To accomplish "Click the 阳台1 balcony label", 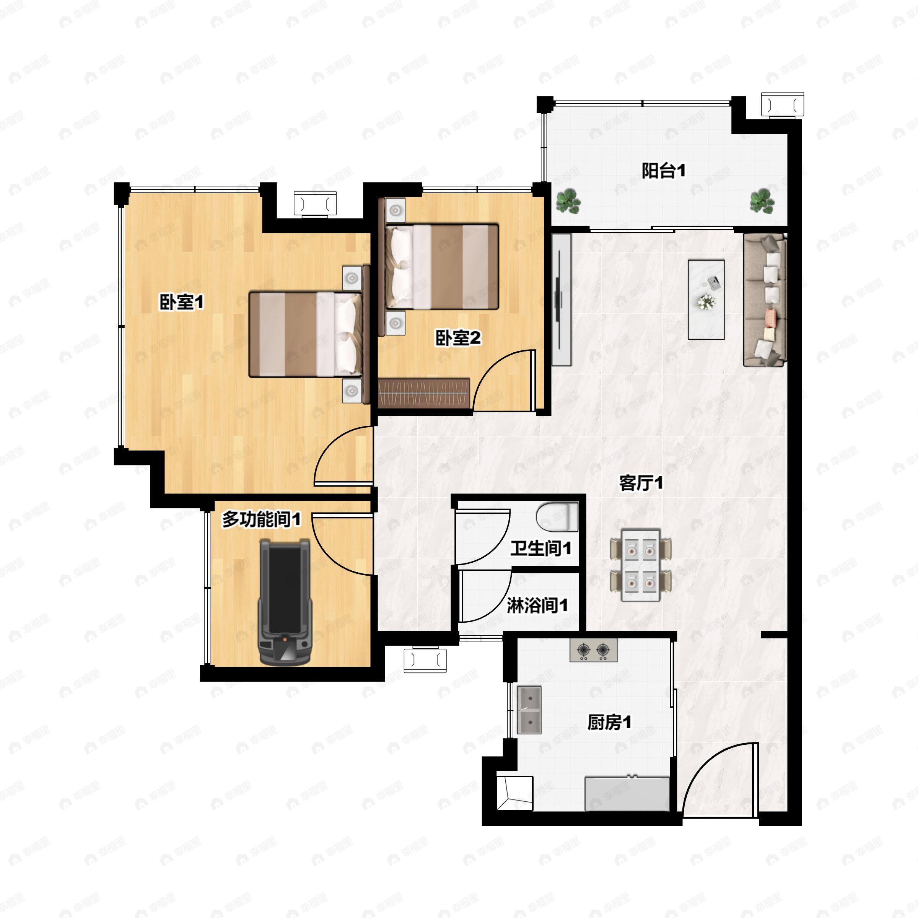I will click(663, 171).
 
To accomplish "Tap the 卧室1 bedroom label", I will click(181, 302).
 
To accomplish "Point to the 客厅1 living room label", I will click(641, 483).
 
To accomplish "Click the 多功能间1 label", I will click(261, 519).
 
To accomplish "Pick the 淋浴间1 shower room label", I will click(537, 605).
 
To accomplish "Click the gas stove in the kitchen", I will click(594, 649).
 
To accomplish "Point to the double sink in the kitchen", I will click(529, 710).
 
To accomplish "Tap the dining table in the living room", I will click(641, 565).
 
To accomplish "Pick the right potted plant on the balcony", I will click(762, 200).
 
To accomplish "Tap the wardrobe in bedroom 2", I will click(424, 392).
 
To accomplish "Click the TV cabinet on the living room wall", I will click(561, 300).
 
